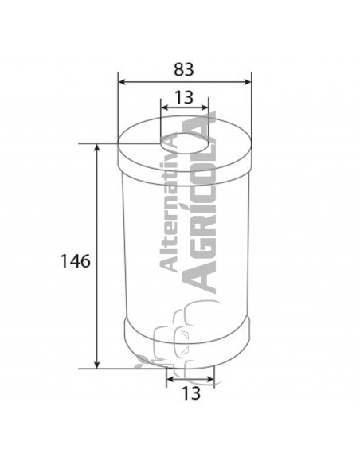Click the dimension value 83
tap(183, 69)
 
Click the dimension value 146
tap(76, 261)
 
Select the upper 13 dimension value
tap(184, 97)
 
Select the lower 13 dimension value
tap(191, 393)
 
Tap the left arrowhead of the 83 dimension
tap(122, 82)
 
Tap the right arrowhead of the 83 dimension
tap(248, 82)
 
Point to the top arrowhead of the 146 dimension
tap(96, 147)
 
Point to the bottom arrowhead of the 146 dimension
tap(96, 365)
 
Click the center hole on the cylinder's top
tap(184, 143)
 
